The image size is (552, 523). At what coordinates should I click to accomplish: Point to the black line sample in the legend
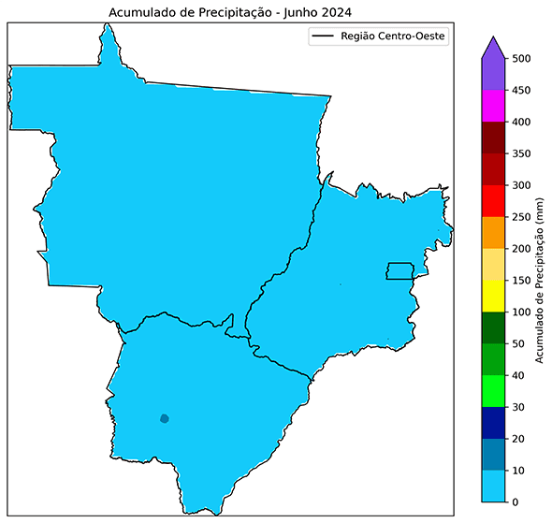tap(322, 36)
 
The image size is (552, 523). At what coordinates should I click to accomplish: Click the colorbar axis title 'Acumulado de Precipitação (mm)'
tap(541, 281)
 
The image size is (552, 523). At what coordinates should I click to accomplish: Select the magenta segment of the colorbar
tap(494, 106)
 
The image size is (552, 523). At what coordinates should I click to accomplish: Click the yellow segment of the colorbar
tap(494, 297)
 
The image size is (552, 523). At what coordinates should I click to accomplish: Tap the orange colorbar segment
tap(494, 233)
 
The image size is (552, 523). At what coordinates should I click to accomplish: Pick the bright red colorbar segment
tap(494, 201)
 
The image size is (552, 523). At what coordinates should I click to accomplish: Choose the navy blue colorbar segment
tap(494, 423)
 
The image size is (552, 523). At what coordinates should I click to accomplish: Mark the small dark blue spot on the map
tap(165, 418)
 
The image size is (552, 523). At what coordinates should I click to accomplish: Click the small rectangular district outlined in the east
tap(400, 271)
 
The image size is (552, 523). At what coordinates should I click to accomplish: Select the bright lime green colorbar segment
tap(494, 391)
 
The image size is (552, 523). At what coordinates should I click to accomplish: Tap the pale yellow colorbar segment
tap(494, 265)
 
